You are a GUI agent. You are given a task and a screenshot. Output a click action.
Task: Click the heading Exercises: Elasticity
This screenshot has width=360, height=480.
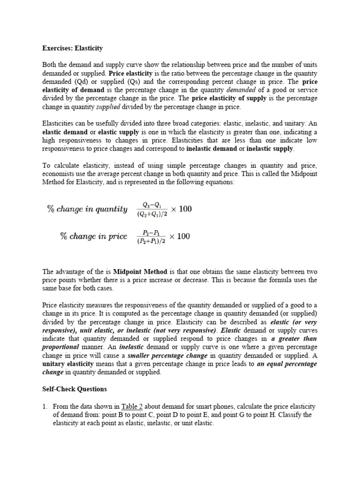tap(73, 48)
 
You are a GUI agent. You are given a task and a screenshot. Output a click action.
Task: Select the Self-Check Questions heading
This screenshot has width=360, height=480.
tap(75, 389)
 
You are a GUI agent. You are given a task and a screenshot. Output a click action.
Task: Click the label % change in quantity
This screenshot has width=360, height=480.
tap(87, 209)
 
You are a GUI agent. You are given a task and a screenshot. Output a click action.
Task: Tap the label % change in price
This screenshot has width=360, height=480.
tap(94, 236)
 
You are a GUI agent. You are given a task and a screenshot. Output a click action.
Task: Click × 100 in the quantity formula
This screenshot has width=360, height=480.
tap(181, 209)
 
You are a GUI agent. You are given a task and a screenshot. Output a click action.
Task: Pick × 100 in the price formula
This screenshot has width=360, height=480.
tap(180, 236)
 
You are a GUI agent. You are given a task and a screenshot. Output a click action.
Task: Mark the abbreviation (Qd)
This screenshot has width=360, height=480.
tap(83, 82)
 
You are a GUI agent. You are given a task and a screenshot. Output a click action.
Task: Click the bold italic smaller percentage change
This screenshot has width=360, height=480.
tap(167, 355)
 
